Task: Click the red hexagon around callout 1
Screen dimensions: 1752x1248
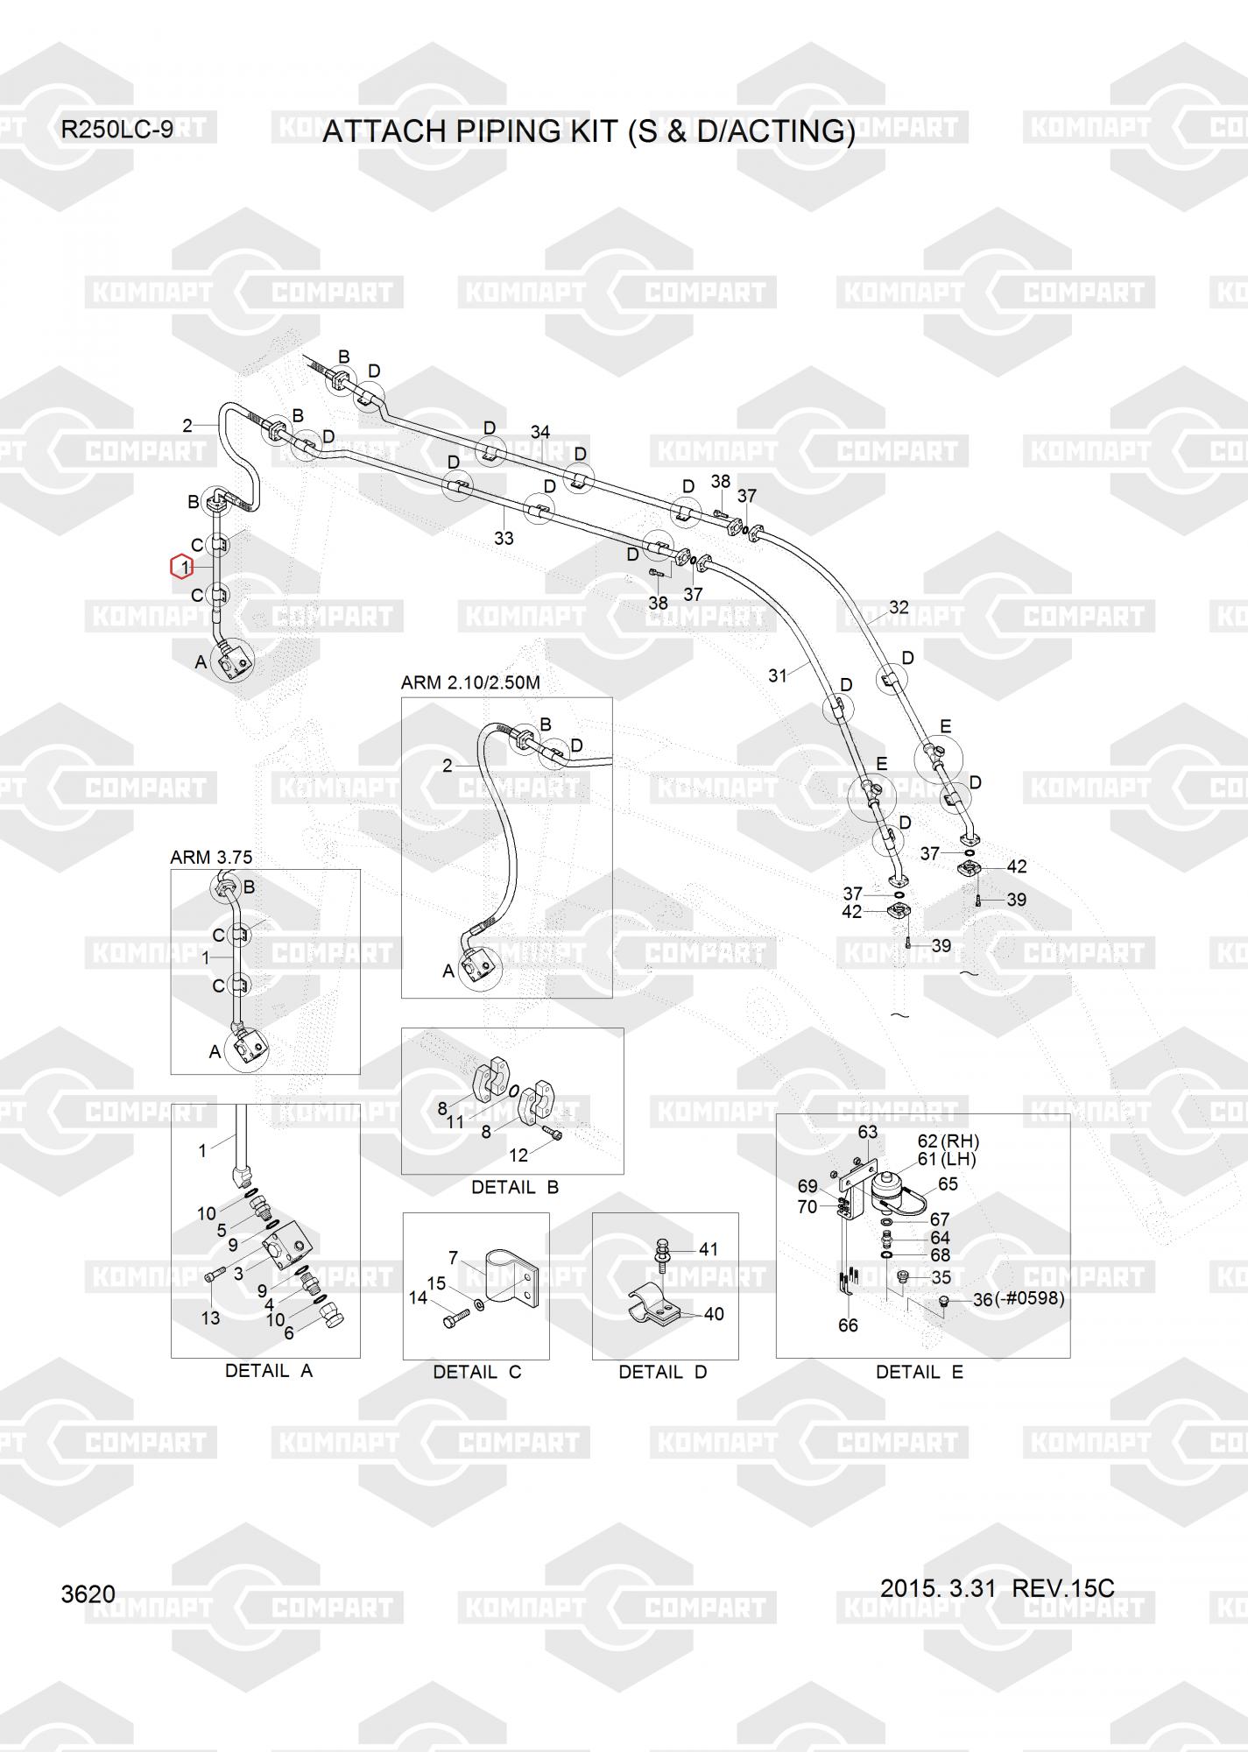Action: click(181, 568)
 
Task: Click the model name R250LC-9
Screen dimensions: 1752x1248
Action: click(116, 130)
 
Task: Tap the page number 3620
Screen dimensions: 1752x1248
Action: click(88, 1593)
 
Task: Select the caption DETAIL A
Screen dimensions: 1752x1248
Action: click(269, 1371)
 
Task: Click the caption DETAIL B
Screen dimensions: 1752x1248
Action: click(514, 1187)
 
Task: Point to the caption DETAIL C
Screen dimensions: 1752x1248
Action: click(476, 1372)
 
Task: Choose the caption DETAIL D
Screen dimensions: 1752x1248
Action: click(662, 1372)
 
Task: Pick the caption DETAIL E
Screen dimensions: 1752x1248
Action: click(919, 1372)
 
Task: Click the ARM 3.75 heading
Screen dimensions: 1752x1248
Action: click(211, 858)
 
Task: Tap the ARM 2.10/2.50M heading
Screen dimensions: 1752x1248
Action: click(470, 682)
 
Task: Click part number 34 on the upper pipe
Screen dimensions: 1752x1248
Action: click(539, 432)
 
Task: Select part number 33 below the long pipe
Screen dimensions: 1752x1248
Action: click(504, 539)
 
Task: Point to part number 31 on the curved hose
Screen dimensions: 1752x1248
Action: click(778, 675)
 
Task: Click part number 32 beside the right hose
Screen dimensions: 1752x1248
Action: click(899, 607)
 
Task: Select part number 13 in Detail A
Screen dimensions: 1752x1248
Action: click(210, 1318)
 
